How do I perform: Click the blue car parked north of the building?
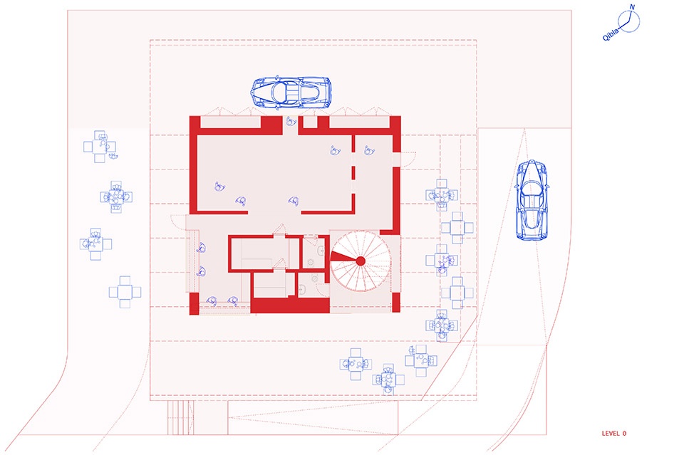point(291,93)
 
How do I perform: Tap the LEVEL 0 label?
point(613,433)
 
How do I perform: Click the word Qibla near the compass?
point(611,34)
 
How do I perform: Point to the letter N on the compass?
point(632,7)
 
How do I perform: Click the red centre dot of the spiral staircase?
point(361,261)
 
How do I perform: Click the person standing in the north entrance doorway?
point(291,121)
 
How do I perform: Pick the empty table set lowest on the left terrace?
point(125,292)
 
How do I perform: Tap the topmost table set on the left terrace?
point(100,147)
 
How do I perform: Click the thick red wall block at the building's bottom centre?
point(290,305)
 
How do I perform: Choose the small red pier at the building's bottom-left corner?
point(194,303)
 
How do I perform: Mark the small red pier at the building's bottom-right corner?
point(396,302)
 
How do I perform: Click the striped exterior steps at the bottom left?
point(180,417)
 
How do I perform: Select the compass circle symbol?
point(628,21)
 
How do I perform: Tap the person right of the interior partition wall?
point(369,151)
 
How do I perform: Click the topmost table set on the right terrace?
point(442,195)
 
